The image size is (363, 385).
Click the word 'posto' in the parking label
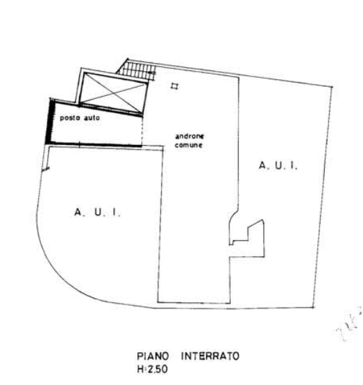[70, 118]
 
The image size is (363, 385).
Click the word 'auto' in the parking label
[92, 118]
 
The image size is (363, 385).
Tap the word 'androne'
[189, 136]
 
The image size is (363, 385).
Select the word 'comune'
[188, 145]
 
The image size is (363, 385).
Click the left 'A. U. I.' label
[98, 212]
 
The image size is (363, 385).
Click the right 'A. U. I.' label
[278, 165]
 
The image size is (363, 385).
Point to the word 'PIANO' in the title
[153, 356]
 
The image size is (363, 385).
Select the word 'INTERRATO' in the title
[210, 356]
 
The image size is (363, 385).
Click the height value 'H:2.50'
[152, 369]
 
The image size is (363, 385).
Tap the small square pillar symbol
[175, 86]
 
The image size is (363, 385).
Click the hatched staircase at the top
[137, 70]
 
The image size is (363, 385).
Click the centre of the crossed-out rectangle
[114, 93]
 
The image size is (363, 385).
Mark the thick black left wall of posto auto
[50, 121]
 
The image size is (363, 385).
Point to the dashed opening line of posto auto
[143, 131]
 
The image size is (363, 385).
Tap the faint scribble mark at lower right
[349, 324]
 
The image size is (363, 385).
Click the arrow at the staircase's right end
[152, 73]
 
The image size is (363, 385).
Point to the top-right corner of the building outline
[332, 87]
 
